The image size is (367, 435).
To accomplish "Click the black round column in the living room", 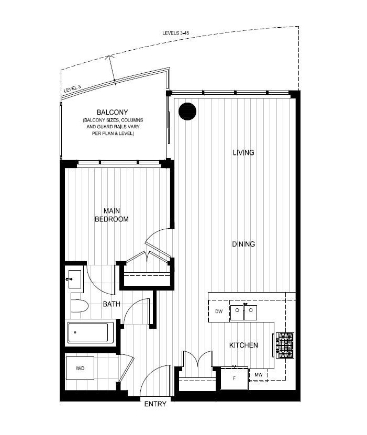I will [x=187, y=111].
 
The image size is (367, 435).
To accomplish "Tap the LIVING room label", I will [x=243, y=153].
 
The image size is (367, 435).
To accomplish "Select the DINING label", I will [x=243, y=244].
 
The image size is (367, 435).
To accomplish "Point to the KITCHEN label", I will [x=243, y=345].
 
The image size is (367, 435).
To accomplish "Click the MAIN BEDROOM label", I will [x=111, y=215].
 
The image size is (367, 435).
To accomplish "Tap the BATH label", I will [x=111, y=304].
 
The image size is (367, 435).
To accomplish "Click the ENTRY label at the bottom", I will [x=155, y=404].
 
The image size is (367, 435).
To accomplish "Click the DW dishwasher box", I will [x=219, y=312].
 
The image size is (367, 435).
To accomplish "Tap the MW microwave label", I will [x=258, y=375].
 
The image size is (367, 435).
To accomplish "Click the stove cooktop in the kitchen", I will [x=285, y=345].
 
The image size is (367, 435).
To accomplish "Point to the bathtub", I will [x=91, y=332].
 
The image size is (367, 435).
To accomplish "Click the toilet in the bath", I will [x=79, y=305].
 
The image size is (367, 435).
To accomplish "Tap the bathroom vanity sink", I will [x=74, y=280].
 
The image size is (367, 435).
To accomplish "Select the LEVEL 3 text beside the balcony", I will [x=72, y=90].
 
